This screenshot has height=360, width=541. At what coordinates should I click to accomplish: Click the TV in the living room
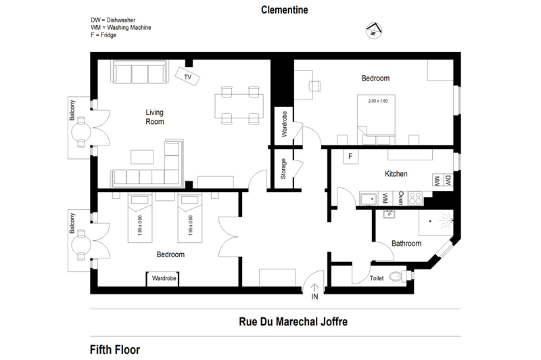187,76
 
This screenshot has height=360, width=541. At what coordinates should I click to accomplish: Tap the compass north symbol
374,30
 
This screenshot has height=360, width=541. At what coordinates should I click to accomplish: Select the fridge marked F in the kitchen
350,156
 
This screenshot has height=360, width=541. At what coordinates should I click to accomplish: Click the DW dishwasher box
448,180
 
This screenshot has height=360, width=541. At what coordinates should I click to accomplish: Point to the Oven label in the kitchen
400,198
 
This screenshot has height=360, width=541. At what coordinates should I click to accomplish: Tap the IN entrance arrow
314,288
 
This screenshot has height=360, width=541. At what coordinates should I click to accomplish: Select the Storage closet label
283,168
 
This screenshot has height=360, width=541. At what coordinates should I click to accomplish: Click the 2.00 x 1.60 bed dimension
378,101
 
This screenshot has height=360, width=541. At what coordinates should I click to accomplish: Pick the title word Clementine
284,10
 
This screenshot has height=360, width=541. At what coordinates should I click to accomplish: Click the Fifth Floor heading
115,350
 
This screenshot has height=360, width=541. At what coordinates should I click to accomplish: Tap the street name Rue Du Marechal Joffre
293,321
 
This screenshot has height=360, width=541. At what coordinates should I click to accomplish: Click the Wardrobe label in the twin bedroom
164,278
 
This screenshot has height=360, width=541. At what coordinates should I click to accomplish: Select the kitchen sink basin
369,199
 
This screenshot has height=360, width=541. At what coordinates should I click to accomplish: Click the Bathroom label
406,244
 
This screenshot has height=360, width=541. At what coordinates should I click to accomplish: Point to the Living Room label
155,117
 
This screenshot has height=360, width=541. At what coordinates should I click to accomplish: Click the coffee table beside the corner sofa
142,157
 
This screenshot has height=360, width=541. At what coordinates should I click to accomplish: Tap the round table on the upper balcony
81,132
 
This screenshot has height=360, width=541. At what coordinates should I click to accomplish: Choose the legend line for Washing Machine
121,28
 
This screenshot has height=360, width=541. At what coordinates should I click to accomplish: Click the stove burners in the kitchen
415,198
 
